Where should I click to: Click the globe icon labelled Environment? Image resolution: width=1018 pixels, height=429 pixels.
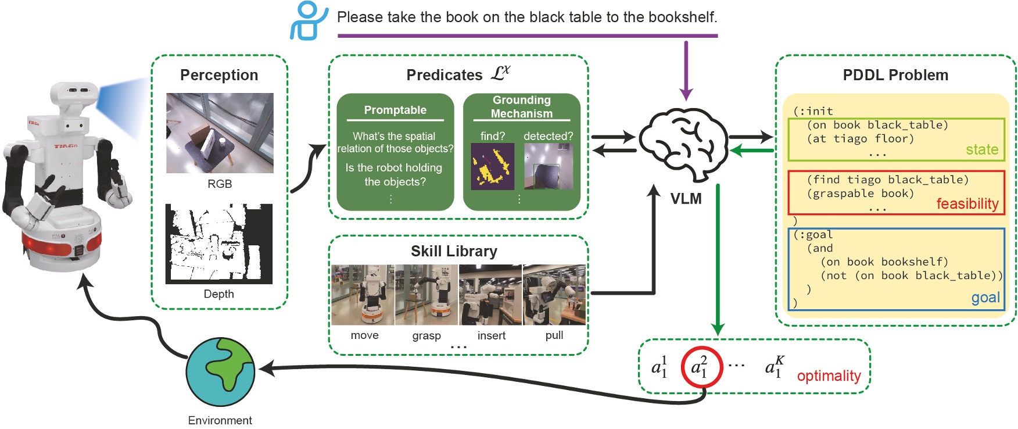(x=220, y=372)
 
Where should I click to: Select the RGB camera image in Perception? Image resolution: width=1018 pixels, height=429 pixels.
(x=220, y=133)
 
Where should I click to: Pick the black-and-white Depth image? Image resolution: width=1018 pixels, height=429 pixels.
(x=219, y=244)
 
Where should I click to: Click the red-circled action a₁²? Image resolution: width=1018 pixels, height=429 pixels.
(x=701, y=368)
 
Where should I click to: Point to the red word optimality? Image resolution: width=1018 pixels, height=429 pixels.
(x=829, y=376)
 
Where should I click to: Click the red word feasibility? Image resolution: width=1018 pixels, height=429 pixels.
(x=967, y=203)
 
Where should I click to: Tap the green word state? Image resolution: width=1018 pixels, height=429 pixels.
(x=981, y=149)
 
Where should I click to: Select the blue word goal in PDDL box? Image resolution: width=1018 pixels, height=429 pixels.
(x=985, y=298)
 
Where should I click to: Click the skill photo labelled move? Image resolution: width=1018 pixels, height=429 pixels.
(x=363, y=295)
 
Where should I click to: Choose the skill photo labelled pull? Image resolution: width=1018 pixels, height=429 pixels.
(x=554, y=295)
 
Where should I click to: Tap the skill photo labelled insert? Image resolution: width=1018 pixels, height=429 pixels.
(x=490, y=295)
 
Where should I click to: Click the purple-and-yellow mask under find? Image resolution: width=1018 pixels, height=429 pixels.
(x=492, y=166)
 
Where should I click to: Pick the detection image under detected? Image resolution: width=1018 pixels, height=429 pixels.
(x=548, y=166)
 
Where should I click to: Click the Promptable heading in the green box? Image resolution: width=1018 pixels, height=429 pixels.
(x=395, y=110)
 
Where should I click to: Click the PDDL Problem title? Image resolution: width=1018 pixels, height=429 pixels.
(x=895, y=75)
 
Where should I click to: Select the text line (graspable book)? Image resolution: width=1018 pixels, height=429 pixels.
(x=860, y=194)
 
